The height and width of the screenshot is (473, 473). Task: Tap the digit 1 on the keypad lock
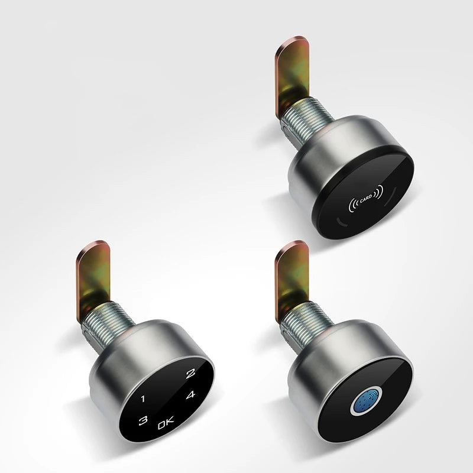click(x=143, y=399)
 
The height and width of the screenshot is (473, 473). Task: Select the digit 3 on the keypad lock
click(x=142, y=420)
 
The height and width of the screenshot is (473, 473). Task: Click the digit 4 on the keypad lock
click(x=190, y=394)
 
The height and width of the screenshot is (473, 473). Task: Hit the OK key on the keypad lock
click(x=166, y=423)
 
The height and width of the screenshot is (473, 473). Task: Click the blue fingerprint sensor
click(x=366, y=400)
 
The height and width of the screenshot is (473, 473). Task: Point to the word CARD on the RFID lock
click(x=366, y=199)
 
